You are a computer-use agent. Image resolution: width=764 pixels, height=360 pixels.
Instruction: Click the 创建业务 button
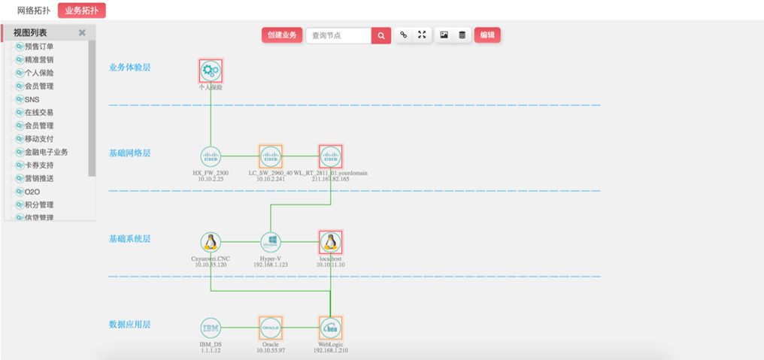pos(281,35)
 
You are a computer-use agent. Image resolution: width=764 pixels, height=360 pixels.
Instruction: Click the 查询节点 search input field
pos(338,35)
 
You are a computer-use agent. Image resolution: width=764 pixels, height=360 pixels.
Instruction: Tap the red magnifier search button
pos(381,35)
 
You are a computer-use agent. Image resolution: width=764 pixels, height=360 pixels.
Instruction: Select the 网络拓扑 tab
pos(34,11)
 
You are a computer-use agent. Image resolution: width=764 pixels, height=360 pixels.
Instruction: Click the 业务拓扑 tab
pos(81,11)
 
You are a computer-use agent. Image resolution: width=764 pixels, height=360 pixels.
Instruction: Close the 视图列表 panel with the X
pos(82,33)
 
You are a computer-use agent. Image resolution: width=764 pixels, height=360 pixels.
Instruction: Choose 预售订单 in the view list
pos(39,47)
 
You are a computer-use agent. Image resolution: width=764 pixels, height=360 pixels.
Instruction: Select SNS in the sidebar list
pos(32,99)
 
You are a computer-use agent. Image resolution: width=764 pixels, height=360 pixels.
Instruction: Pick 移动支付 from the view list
pos(39,139)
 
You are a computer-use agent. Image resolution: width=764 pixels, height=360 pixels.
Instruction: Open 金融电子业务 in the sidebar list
pos(46,152)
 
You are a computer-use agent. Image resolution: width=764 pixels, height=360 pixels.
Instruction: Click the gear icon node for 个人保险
pos(211,71)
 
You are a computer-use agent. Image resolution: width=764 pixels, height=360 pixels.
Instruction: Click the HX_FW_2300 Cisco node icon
pos(211,156)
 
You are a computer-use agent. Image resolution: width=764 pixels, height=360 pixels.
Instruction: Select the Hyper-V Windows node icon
pos(270,242)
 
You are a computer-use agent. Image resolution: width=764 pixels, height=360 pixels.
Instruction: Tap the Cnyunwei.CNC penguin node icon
pos(211,242)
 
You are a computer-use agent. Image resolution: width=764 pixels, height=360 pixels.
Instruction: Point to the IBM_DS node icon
pos(211,328)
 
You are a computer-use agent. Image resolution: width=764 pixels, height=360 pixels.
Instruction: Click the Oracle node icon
pos(270,328)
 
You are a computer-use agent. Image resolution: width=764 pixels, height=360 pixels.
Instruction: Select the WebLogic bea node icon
pos(330,328)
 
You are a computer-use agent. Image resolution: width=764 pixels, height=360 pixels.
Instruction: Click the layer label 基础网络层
pos(130,153)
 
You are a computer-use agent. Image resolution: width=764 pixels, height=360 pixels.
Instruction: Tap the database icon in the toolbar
pos(462,35)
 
